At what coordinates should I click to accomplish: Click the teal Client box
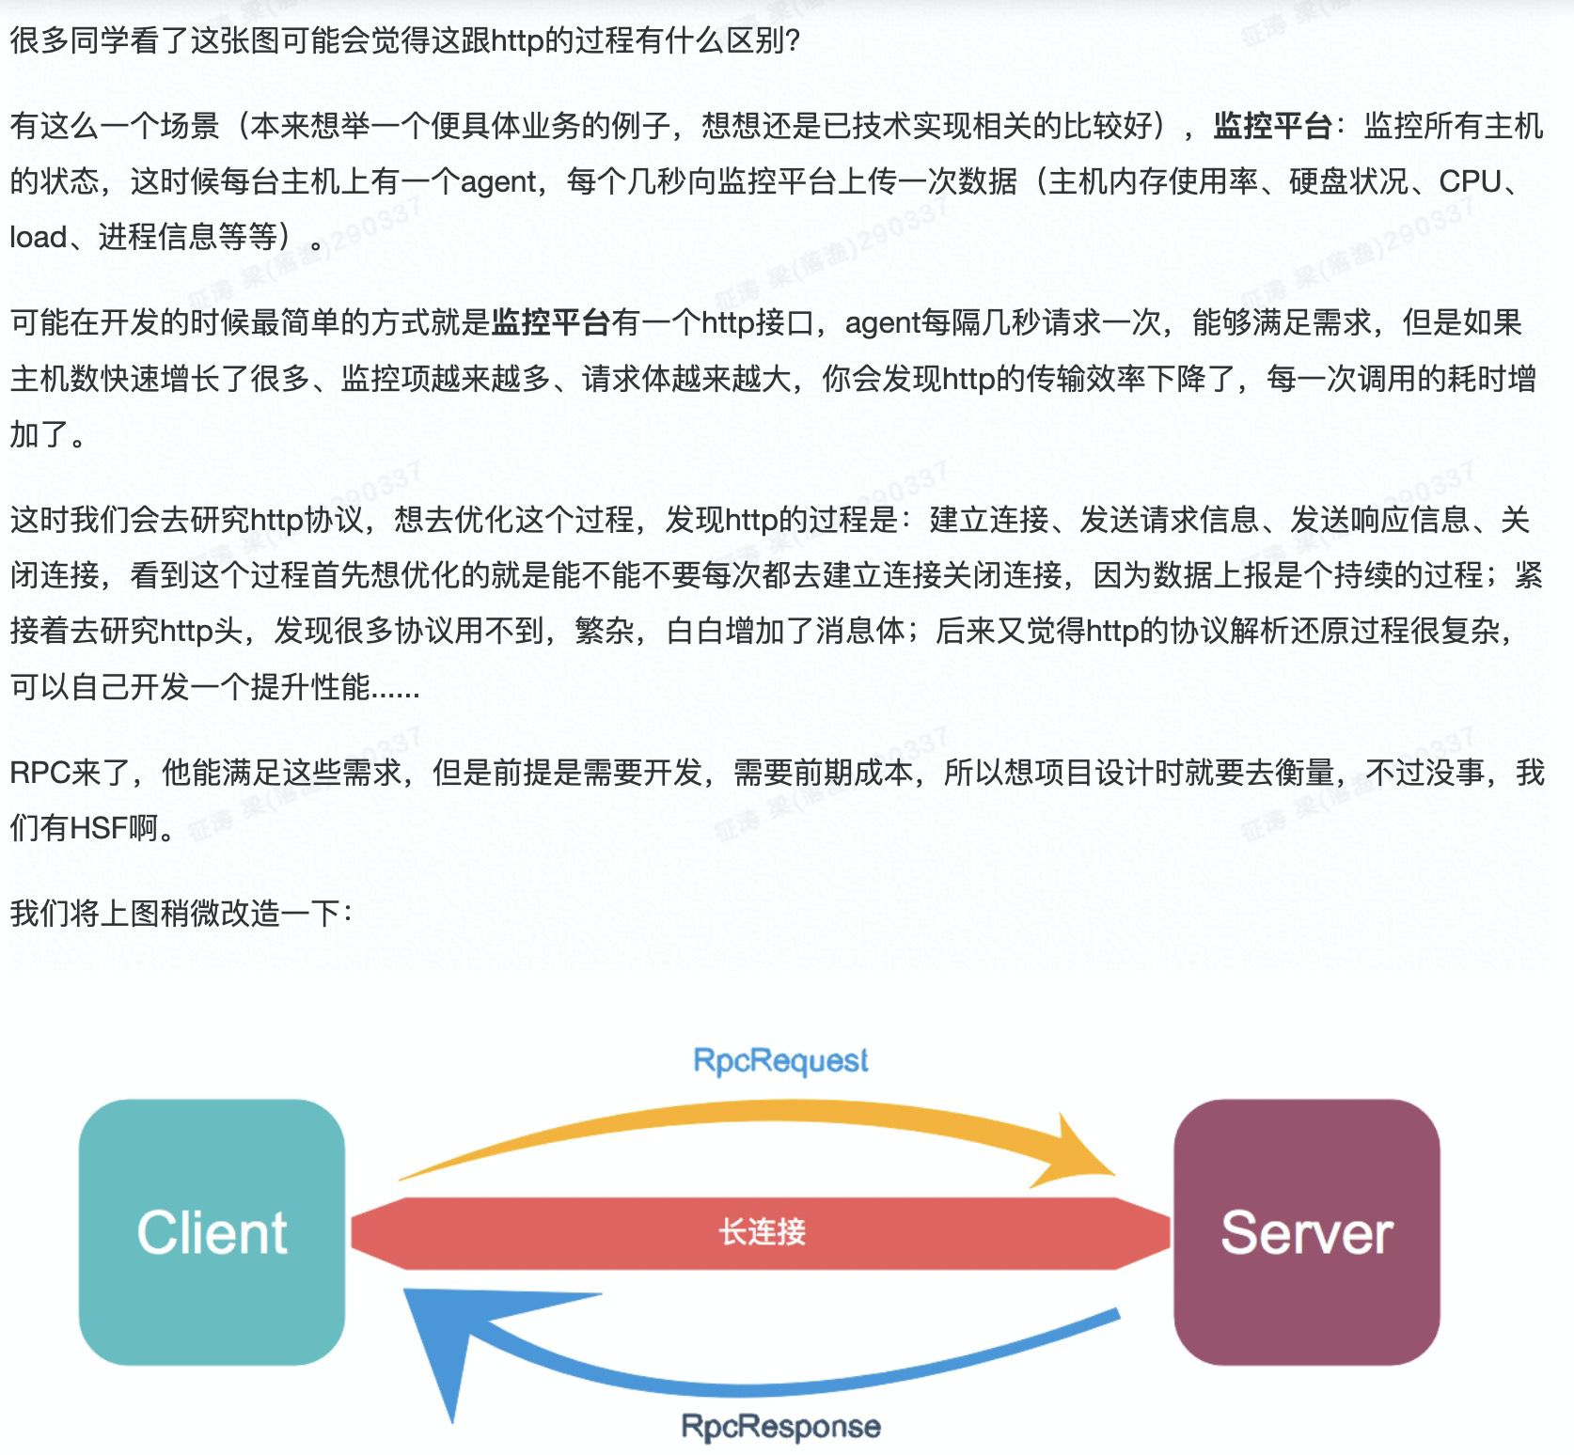212,1231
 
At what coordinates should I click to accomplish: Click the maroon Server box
1306,1231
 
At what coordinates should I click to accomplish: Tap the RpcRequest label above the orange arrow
780,1060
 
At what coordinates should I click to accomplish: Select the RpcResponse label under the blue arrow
780,1426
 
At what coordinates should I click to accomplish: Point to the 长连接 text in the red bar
762,1231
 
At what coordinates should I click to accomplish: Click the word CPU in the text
1472,181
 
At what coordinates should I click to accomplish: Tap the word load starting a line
38,237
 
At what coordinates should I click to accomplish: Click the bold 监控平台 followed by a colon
1271,126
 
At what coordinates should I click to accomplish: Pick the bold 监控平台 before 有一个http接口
551,322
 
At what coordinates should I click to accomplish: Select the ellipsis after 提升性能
396,688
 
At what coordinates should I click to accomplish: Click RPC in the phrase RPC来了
39,773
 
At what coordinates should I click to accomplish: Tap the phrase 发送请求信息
1169,519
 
